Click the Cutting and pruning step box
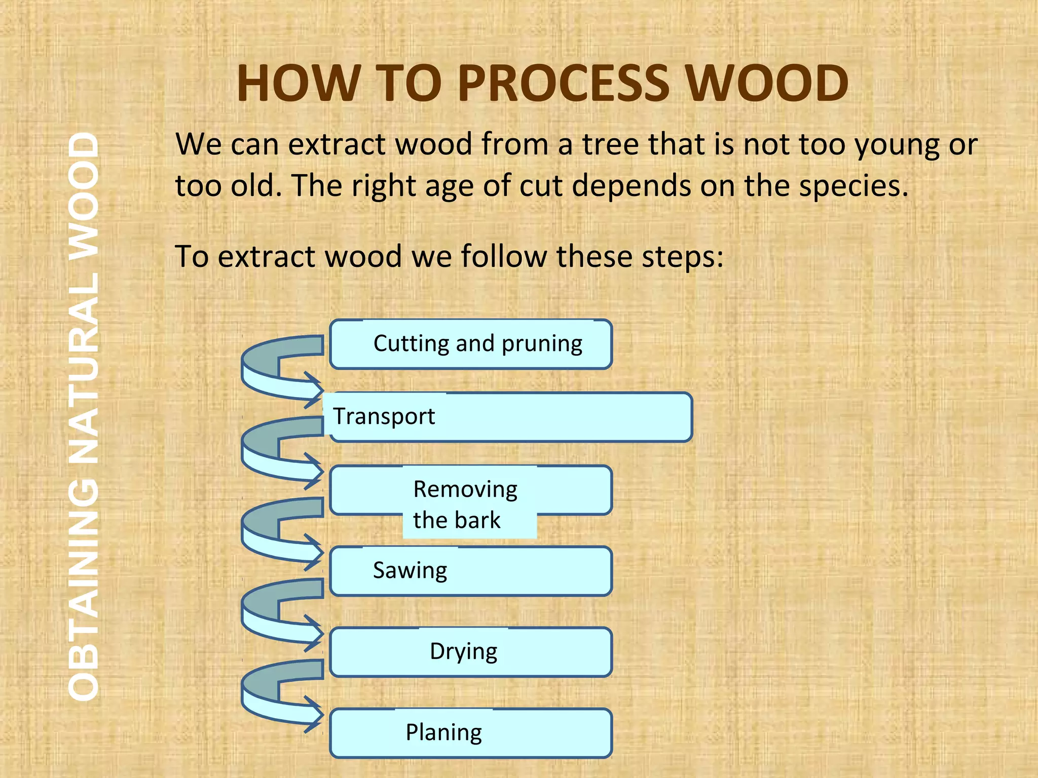(x=471, y=344)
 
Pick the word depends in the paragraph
(x=631, y=186)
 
